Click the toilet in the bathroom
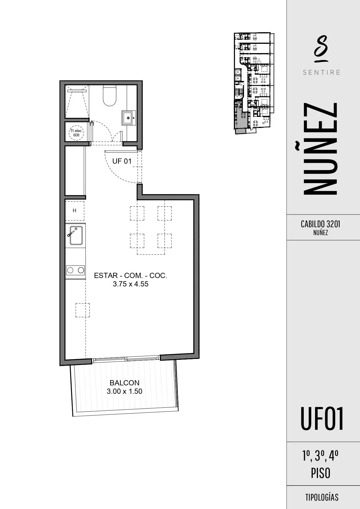coord(110,95)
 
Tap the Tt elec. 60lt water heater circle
coord(76,133)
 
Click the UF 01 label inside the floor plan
coord(122,161)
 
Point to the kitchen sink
coord(75,235)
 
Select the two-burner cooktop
coord(75,270)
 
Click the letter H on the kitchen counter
coord(75,210)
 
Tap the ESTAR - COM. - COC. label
coord(131,275)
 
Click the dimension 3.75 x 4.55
coord(131,284)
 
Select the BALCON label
coord(124,383)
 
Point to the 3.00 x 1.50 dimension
coord(124,391)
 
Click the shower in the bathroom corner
coord(77,101)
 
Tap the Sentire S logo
coord(321,49)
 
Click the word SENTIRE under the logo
coord(321,72)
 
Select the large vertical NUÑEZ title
coord(320,148)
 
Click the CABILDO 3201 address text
coord(321,224)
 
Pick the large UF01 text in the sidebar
coord(322,418)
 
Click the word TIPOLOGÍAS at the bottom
coord(322,497)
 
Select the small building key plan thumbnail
coord(254,83)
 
